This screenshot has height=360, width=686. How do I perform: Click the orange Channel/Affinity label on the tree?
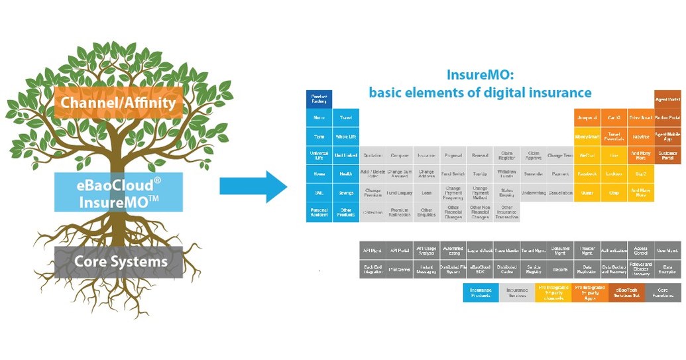coord(118,103)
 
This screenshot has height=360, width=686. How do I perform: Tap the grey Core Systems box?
coord(120,261)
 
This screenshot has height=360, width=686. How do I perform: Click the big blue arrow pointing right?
coord(253,186)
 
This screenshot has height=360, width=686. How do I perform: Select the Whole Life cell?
coord(346,137)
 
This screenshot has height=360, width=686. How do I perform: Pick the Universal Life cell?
coord(319,155)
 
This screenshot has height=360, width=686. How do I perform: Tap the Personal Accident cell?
coord(319,212)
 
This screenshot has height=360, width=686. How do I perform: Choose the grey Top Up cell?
coord(480,174)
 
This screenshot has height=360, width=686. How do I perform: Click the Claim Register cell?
coord(506,155)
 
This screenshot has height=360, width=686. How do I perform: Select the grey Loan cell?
coord(426,193)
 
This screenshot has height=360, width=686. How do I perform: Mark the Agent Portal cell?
coord(667,99)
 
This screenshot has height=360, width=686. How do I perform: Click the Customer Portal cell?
coord(667,155)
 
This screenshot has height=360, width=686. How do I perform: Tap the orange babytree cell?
coord(641,137)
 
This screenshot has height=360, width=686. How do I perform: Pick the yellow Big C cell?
coord(641,174)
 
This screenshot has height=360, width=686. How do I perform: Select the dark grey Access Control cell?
coord(641,251)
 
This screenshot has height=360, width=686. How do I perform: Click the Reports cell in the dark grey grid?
coord(560,269)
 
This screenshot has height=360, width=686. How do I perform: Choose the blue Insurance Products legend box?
coord(481,292)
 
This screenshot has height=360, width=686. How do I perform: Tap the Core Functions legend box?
coord(663,292)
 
